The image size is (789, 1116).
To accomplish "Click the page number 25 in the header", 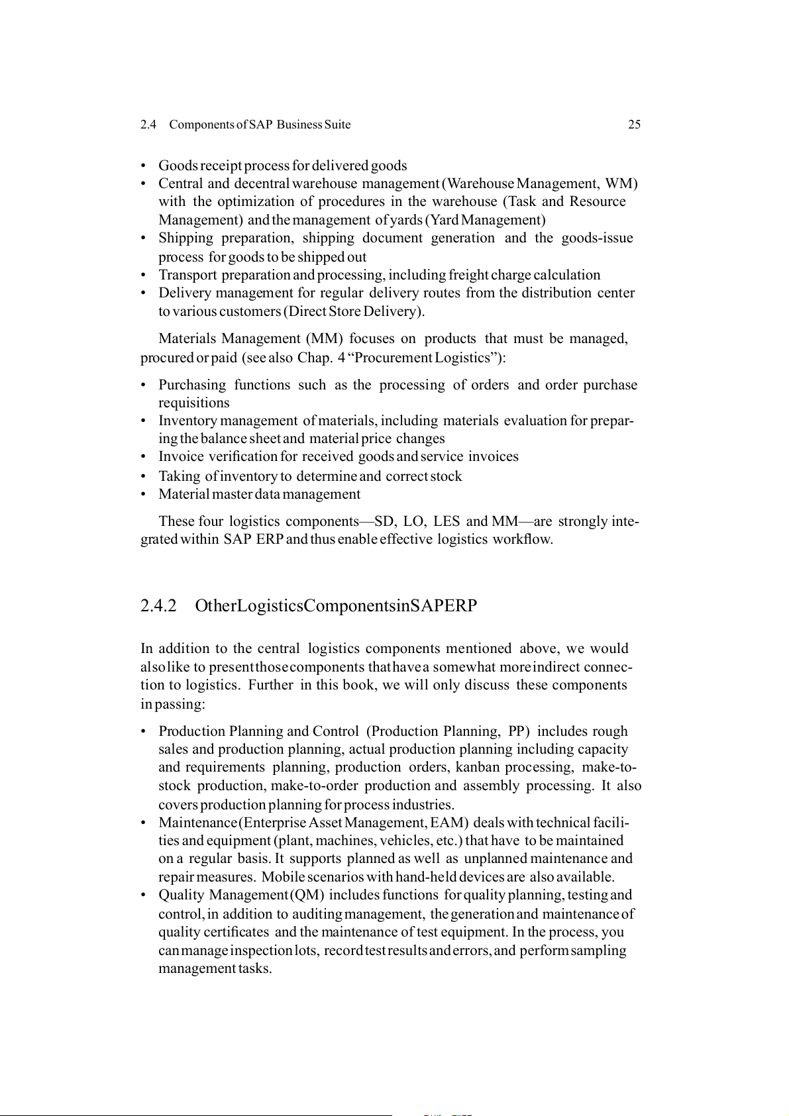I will click(634, 125).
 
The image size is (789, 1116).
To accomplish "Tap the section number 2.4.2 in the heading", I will click(158, 606).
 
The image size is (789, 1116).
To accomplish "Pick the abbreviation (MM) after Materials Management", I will click(324, 338).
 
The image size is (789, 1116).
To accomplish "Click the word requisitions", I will click(193, 403).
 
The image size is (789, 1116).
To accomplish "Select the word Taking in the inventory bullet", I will click(180, 476).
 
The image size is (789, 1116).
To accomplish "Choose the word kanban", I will click(478, 767).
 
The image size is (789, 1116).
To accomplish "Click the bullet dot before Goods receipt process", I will click(143, 166).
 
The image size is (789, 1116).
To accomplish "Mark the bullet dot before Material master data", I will click(143, 494).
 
